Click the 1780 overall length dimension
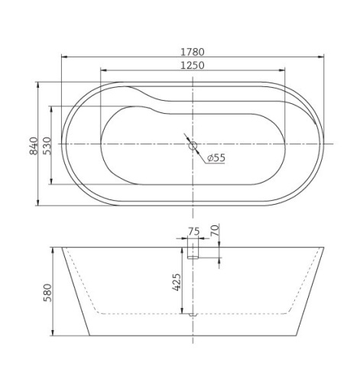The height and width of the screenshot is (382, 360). [193, 51]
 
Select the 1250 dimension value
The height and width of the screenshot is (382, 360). [193, 66]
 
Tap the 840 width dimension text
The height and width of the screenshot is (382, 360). [33, 144]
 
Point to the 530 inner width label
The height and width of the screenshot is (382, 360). [47, 144]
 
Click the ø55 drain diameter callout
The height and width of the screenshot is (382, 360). [216, 157]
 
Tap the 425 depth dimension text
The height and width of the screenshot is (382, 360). [177, 284]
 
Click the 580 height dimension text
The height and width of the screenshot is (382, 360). [47, 292]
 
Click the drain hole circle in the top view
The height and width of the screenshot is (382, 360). [193, 144]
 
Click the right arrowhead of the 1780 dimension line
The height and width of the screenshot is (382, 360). [321, 57]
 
